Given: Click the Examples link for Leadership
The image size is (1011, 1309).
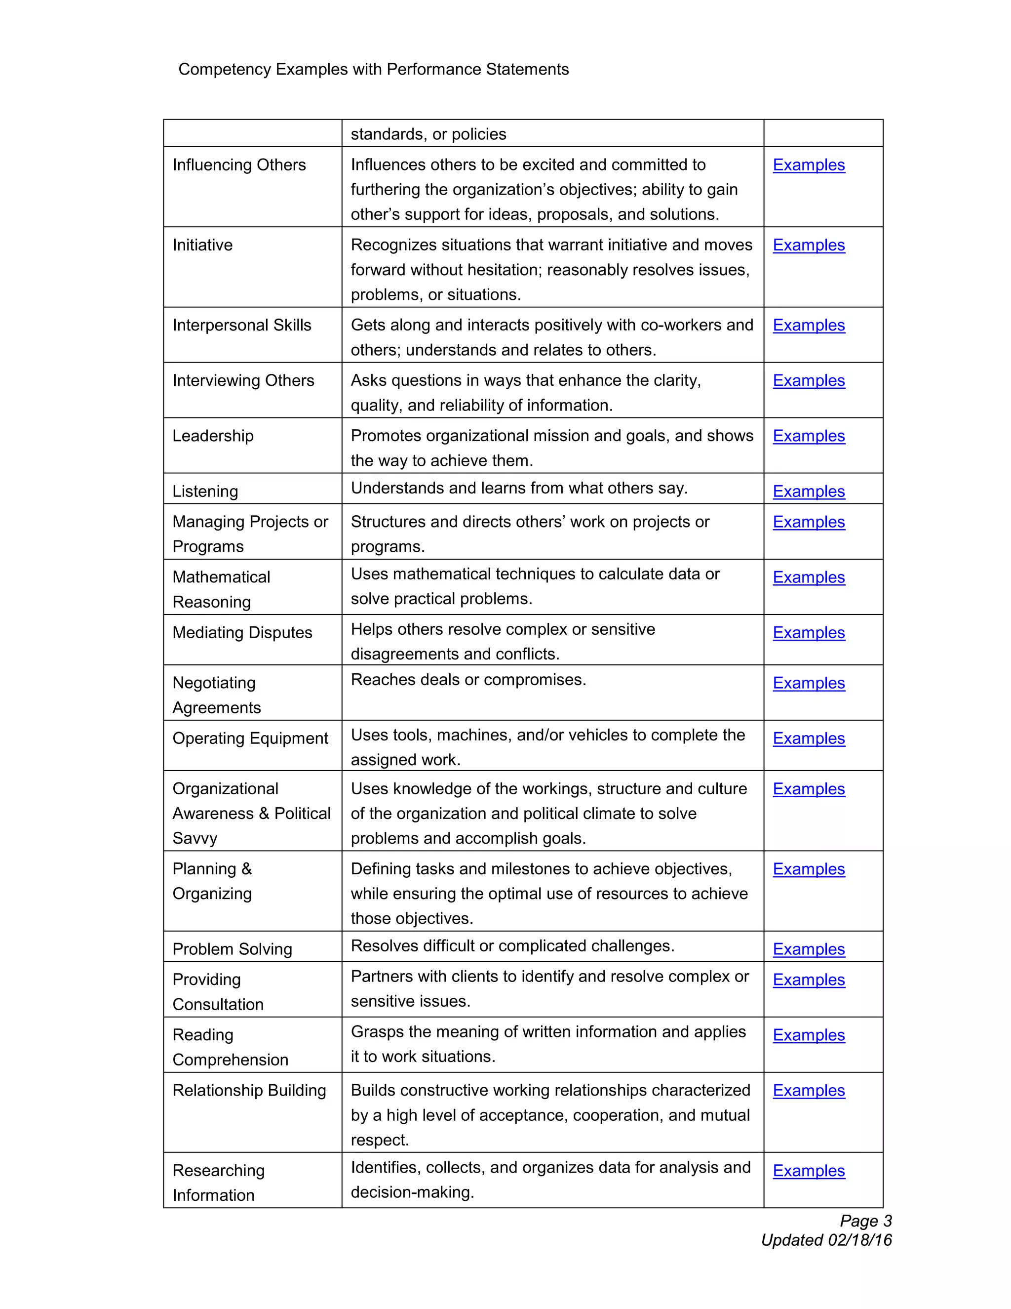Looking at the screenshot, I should pyautogui.click(x=808, y=436).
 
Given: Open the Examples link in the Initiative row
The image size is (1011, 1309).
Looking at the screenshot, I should pyautogui.click(x=808, y=245).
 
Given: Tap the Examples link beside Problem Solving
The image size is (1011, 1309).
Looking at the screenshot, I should pyautogui.click(x=808, y=949).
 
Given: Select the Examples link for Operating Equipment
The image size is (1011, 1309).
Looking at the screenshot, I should pyautogui.click(x=808, y=738).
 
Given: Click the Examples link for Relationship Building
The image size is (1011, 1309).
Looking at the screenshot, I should pyautogui.click(x=808, y=1090).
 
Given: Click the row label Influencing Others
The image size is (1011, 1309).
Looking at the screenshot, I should pyautogui.click(x=239, y=165).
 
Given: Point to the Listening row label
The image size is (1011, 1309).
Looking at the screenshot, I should pyautogui.click(x=205, y=491).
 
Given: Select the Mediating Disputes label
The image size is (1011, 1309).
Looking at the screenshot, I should pyautogui.click(x=242, y=633).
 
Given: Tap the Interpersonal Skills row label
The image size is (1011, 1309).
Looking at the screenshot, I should pyautogui.click(x=241, y=326).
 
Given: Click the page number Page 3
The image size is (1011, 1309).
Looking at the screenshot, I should pyautogui.click(x=865, y=1221).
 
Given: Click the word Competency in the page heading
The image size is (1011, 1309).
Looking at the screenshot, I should pyautogui.click(x=225, y=70).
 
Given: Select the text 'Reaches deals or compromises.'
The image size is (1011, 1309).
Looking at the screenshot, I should pyautogui.click(x=468, y=680).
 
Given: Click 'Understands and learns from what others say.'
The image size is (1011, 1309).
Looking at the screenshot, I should pyautogui.click(x=519, y=489).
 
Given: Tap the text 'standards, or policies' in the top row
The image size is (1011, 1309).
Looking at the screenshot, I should pyautogui.click(x=428, y=134).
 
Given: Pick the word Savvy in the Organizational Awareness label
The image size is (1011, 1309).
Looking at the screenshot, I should pyautogui.click(x=194, y=839).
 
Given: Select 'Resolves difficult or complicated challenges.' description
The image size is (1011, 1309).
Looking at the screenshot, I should pyautogui.click(x=512, y=946).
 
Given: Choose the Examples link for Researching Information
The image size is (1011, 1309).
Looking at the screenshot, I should pyautogui.click(x=808, y=1171).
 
